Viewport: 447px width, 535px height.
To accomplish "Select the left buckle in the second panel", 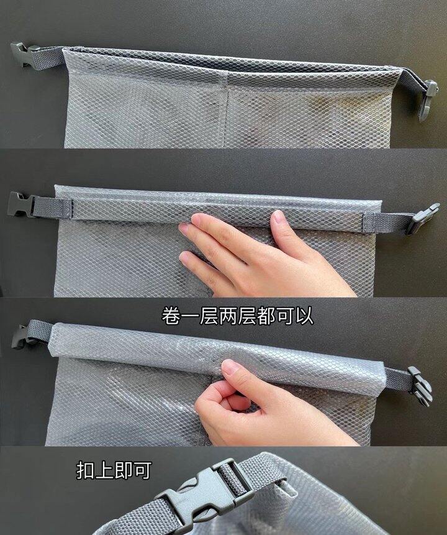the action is click(20, 204).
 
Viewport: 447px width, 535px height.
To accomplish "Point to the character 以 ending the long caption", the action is click(303, 316).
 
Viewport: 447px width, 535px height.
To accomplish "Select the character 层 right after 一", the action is click(209, 316).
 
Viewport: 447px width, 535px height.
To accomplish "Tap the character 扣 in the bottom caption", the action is click(85, 470).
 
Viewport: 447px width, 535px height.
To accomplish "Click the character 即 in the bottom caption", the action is click(123, 470).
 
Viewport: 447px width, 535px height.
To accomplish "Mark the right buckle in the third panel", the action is click(420, 385).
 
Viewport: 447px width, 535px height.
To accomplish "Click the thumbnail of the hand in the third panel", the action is click(230, 368).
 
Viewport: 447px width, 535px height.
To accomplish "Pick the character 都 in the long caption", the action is click(265, 316).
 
